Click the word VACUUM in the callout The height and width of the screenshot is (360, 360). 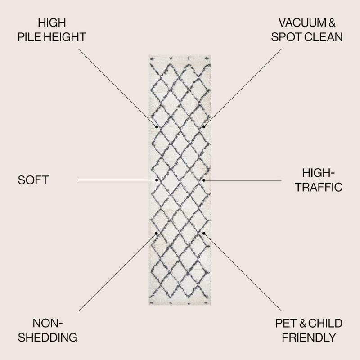[302, 23]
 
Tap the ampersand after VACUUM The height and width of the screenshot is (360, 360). [332, 23]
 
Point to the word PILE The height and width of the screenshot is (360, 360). [29, 37]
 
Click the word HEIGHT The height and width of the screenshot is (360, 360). [65, 37]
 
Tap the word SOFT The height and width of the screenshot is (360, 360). [33, 180]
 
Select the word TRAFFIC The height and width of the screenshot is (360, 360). [319, 187]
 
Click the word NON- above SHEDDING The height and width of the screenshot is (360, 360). [48, 323]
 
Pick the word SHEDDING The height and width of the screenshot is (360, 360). [48, 337]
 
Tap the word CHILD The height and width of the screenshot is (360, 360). [325, 323]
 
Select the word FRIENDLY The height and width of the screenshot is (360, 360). [309, 337]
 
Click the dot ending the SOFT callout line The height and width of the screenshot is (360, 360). [157, 180]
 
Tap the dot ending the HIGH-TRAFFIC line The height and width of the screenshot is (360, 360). [204, 180]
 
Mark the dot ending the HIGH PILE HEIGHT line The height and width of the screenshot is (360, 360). [157, 127]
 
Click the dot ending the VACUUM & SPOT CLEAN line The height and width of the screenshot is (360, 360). [204, 127]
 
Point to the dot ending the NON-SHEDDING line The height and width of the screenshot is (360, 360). [156, 233]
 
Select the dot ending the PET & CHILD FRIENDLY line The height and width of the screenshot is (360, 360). [204, 233]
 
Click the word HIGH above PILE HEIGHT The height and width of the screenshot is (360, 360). [52, 23]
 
